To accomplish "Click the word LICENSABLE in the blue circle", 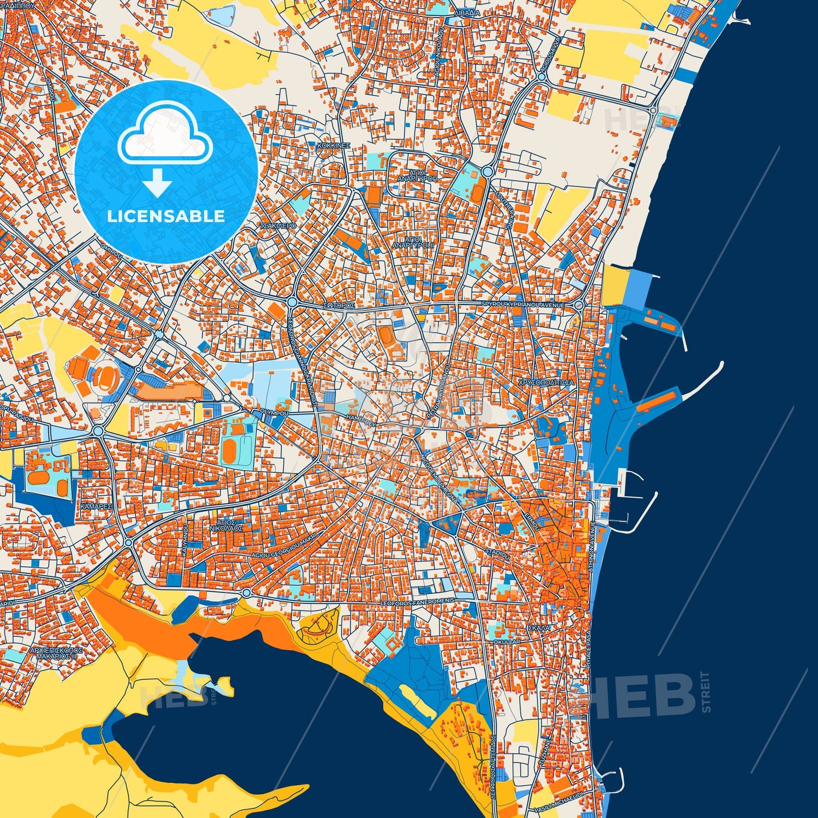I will [166, 216].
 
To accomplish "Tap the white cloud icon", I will [165, 134].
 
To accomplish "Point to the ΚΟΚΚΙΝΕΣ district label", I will [334, 145].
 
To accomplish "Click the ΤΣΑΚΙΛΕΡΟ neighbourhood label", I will [277, 225].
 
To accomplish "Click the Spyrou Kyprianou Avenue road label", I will [523, 305].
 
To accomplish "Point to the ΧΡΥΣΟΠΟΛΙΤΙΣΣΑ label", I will [546, 382].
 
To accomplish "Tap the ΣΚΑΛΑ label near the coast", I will [538, 628].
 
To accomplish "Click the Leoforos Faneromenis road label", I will [418, 601].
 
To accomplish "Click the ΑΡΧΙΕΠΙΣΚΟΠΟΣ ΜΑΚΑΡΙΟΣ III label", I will [57, 653].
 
